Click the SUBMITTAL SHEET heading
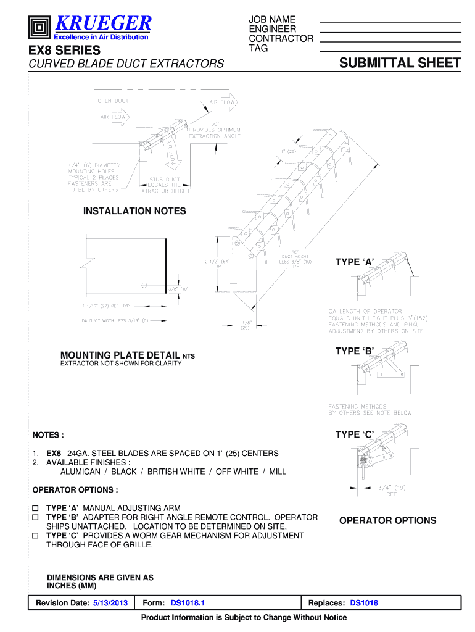[x=400, y=63]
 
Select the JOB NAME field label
[x=272, y=20]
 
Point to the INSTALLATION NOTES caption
[x=134, y=211]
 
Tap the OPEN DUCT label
[x=112, y=101]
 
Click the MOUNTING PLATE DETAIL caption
[x=120, y=355]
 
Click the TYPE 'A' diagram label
[x=355, y=262]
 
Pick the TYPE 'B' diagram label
[x=355, y=351]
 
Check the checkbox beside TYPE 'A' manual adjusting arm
[x=35, y=508]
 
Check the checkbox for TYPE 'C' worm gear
[x=35, y=536]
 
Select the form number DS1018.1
[x=188, y=603]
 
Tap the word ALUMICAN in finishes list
[x=80, y=472]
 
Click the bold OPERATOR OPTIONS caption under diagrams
[x=387, y=520]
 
